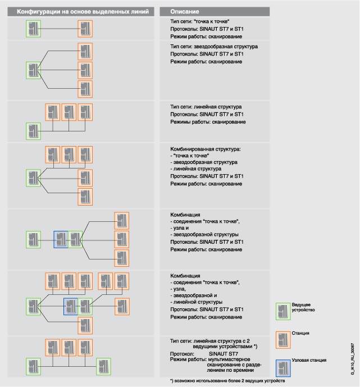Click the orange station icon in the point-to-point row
point(85,29)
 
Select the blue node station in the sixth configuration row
point(71,306)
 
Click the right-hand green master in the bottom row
point(103,366)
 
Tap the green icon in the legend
point(283,310)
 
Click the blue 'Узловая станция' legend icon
point(283,366)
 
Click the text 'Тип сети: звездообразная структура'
point(214,47)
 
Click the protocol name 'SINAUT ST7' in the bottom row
point(222,353)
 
